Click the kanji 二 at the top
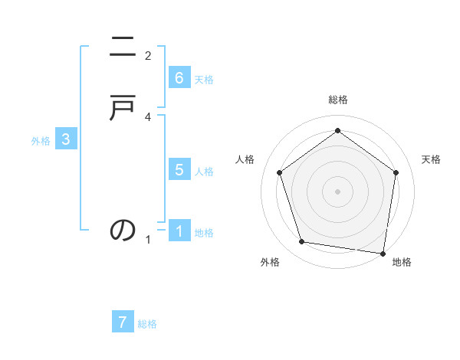(x=123, y=50)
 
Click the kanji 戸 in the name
(x=123, y=110)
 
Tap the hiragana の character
(x=123, y=230)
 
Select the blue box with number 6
(x=179, y=78)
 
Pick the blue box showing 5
(x=179, y=170)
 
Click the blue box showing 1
(x=179, y=231)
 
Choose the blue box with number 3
(x=66, y=139)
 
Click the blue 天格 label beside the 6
(x=204, y=80)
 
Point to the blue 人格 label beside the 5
(x=204, y=172)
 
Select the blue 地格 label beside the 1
(x=204, y=233)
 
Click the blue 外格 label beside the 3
(x=41, y=141)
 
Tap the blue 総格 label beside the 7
(x=147, y=324)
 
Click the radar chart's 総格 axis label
(x=337, y=100)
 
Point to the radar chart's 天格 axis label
(x=432, y=159)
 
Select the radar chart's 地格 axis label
(x=402, y=262)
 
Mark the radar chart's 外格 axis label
(x=270, y=262)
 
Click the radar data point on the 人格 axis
(x=279, y=173)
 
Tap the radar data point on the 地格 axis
(x=383, y=253)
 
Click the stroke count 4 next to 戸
(x=148, y=116)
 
